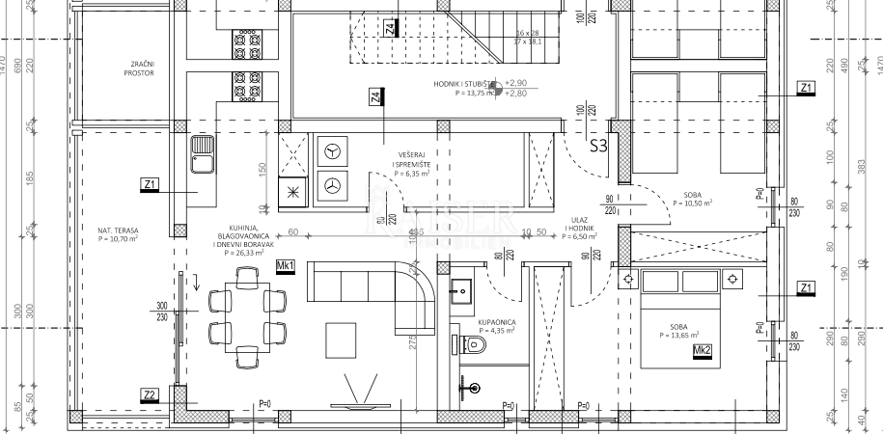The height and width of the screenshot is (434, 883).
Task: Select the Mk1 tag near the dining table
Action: click(285, 266)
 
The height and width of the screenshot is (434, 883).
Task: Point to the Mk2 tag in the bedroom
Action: click(702, 349)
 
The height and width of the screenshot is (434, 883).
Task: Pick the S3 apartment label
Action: click(598, 147)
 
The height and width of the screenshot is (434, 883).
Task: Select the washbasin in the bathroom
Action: click(461, 286)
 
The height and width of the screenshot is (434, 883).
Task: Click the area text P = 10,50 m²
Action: click(692, 203)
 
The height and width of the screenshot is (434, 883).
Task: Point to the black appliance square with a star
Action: click(292, 191)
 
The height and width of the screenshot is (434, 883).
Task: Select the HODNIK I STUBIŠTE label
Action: click(464, 84)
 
